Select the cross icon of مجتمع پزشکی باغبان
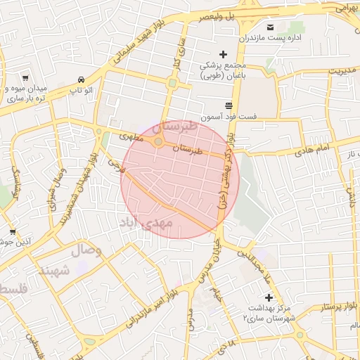point(224,54)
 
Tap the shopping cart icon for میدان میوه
point(25,78)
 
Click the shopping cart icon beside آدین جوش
point(13,231)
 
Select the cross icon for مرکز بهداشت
point(268,297)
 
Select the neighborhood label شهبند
point(57,271)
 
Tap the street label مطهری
point(130,136)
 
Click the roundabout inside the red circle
point(159,143)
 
